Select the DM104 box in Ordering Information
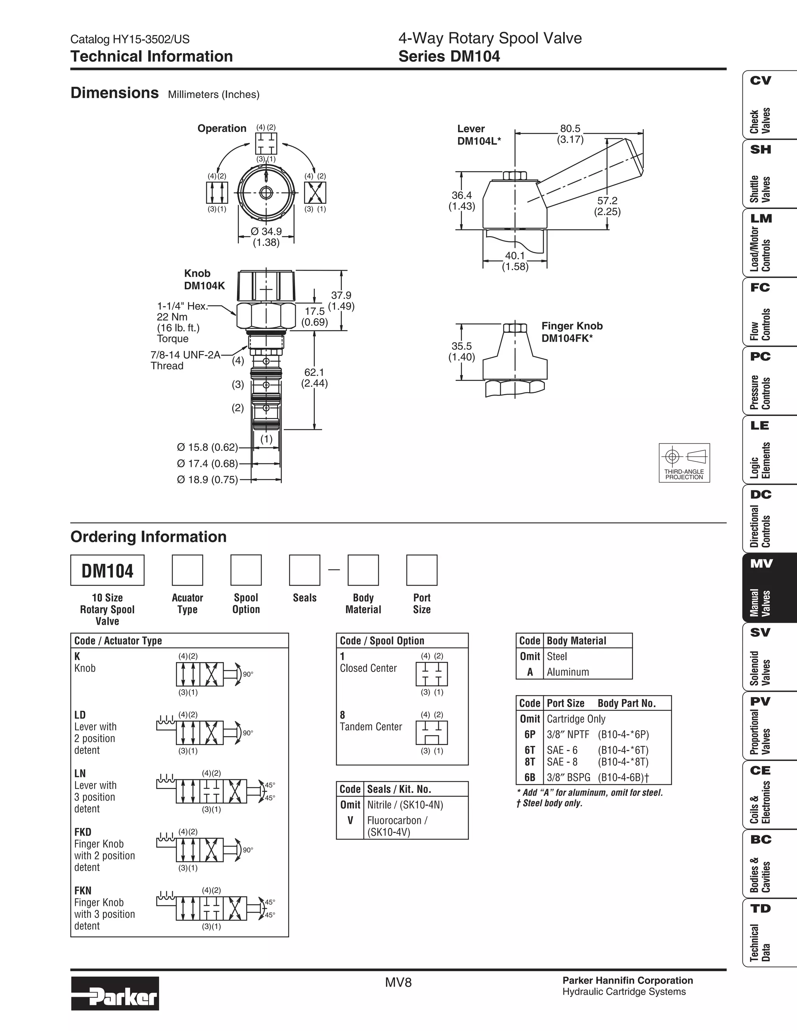(107, 570)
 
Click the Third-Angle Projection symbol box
(684, 463)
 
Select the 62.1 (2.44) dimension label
(314, 378)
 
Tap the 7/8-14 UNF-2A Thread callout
(185, 360)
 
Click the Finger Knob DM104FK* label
(572, 332)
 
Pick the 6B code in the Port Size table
(530, 777)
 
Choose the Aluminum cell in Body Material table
(567, 672)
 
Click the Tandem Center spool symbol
(432, 733)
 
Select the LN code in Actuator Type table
(80, 773)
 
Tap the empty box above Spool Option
(246, 570)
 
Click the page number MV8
(398, 982)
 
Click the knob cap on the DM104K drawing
(266, 285)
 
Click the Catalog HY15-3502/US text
(130, 39)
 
